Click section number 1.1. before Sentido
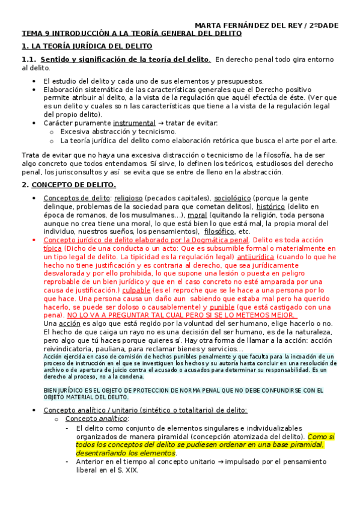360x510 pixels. [x=29, y=59]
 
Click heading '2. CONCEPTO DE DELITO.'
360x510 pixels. [x=69, y=185]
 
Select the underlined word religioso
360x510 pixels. [x=132, y=198]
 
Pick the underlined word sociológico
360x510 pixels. [x=231, y=198]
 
